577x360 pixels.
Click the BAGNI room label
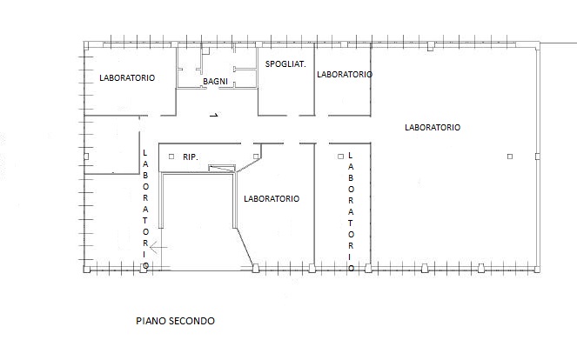tap(215, 81)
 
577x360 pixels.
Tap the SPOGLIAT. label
tap(285, 64)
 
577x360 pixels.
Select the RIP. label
tap(191, 157)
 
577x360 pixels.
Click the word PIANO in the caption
tap(149, 321)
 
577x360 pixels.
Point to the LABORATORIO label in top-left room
tap(127, 78)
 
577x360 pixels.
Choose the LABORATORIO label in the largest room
tap(433, 128)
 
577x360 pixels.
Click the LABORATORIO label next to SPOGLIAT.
tap(345, 75)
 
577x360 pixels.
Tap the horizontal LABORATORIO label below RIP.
tap(272, 199)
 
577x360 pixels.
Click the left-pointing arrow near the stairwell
tap(158, 248)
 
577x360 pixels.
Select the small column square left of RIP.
tap(171, 157)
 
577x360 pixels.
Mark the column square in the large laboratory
tap(510, 157)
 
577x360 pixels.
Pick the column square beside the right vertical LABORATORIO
tap(340, 157)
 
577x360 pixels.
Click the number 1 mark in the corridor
tap(214, 115)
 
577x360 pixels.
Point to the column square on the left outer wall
tap(86, 157)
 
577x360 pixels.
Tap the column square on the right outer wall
tap(537, 157)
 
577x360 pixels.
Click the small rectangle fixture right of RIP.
tap(222, 169)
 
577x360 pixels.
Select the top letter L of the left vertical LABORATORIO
tap(145, 152)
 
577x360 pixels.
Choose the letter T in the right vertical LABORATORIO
tap(351, 223)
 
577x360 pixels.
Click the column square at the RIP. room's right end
tap(256, 157)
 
